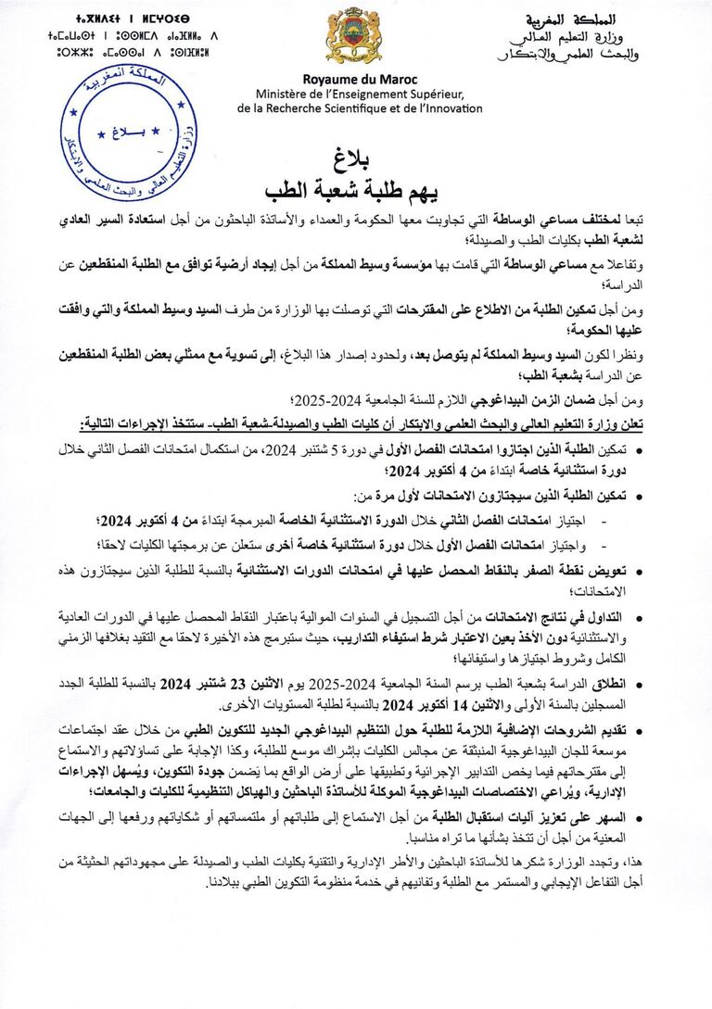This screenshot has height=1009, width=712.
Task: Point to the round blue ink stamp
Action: [x=114, y=134]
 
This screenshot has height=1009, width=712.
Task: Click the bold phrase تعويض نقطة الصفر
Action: [x=599, y=571]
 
